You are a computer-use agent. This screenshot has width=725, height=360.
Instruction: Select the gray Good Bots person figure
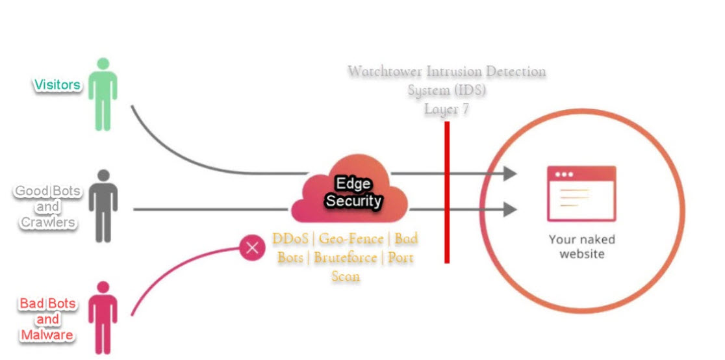pos(102,207)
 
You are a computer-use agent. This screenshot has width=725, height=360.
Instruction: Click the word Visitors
pos(57,85)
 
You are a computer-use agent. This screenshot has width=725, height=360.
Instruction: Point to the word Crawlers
pos(47,222)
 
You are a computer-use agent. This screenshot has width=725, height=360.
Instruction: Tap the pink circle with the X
pos(253,248)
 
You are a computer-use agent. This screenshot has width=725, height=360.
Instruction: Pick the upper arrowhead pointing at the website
pos(509,174)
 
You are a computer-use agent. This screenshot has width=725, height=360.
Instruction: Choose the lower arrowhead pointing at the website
pos(509,209)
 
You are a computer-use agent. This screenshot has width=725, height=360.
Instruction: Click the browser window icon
pos(581,193)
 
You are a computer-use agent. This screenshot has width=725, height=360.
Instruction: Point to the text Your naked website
pos(581,246)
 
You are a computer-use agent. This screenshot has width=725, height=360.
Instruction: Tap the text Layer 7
pos(446,110)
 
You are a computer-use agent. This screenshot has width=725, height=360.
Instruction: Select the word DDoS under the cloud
pos(290,239)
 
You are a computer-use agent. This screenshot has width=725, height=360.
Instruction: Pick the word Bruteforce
pos(345,257)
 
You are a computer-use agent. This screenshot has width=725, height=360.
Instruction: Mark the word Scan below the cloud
pos(346,276)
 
